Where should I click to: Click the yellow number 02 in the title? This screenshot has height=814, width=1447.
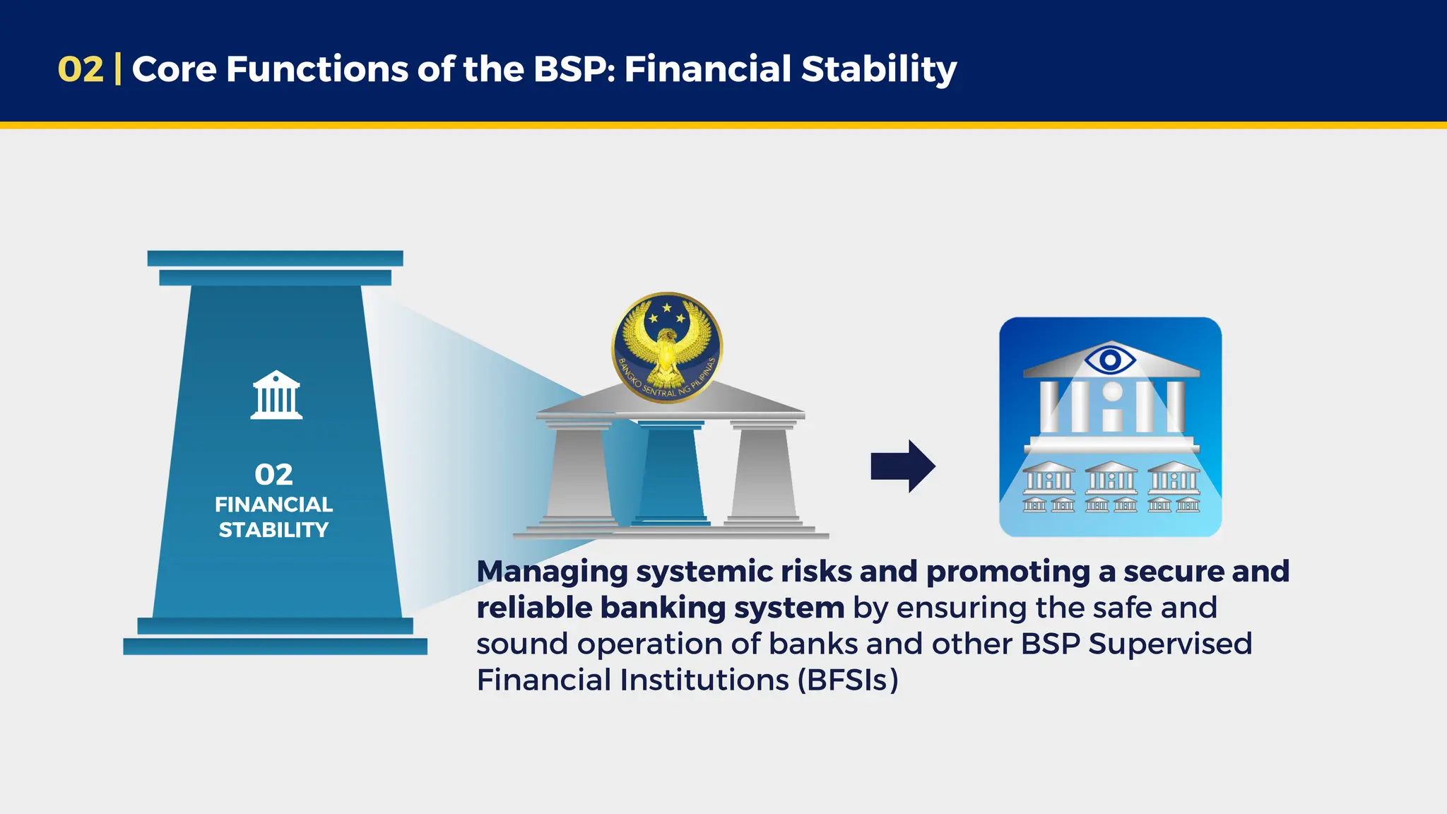pyautogui.click(x=81, y=69)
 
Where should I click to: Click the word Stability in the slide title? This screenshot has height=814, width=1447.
pyautogui.click(x=879, y=69)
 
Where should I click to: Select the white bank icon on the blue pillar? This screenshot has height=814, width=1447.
pyautogui.click(x=276, y=395)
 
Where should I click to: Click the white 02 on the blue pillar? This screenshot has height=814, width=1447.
pyautogui.click(x=273, y=475)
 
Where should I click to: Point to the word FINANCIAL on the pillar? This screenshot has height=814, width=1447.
pyautogui.click(x=273, y=505)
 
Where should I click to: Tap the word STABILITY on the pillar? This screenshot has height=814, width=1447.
pyautogui.click(x=273, y=530)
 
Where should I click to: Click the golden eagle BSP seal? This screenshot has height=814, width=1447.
pyautogui.click(x=666, y=347)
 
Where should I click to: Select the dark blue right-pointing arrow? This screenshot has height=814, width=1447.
pyautogui.click(x=903, y=466)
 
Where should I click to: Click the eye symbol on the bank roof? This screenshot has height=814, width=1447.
pyautogui.click(x=1110, y=360)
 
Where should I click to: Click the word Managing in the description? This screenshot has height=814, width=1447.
pyautogui.click(x=552, y=572)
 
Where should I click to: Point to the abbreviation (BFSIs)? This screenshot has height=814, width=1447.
pyautogui.click(x=848, y=680)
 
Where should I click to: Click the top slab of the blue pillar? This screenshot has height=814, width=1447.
pyautogui.click(x=275, y=258)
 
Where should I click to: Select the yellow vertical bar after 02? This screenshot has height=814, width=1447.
pyautogui.click(x=117, y=69)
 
